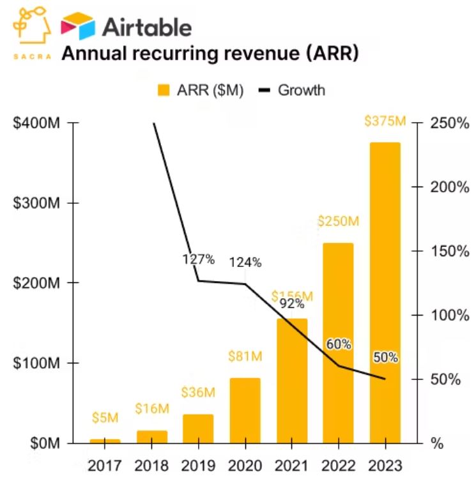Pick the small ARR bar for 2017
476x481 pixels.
click(x=105, y=441)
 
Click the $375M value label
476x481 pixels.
click(x=385, y=121)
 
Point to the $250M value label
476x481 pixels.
click(x=338, y=222)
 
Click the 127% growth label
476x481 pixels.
click(x=198, y=259)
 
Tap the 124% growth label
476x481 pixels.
click(x=245, y=262)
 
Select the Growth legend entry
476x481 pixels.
click(x=293, y=90)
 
